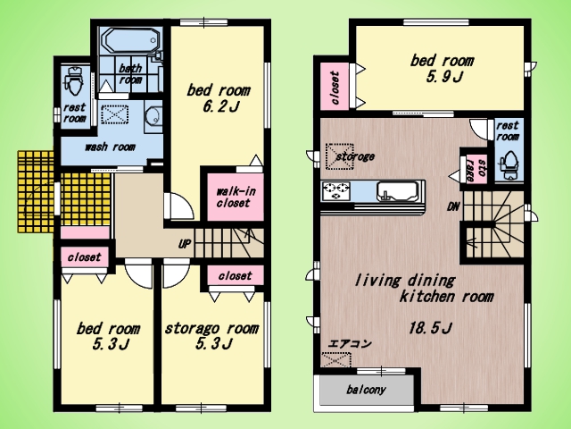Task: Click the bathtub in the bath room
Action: tap(131, 40)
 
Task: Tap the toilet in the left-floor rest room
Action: tap(75, 81)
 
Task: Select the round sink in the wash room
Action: tap(153, 115)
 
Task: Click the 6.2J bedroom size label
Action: tap(220, 106)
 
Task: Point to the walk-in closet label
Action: tap(236, 197)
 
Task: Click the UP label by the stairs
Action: tap(185, 244)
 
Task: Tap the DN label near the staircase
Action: tap(453, 206)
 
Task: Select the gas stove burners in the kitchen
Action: tap(335, 191)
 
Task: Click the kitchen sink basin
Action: tap(397, 191)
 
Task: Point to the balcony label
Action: tap(366, 390)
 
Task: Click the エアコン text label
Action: tap(350, 343)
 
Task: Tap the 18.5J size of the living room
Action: tap(430, 328)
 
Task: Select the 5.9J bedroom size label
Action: tap(444, 77)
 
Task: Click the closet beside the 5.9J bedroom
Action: tap(335, 86)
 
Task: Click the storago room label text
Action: tap(211, 328)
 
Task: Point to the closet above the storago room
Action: tap(236, 275)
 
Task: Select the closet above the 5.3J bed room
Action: tap(85, 257)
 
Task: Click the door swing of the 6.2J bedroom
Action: tap(179, 206)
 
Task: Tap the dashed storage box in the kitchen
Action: tap(339, 156)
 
